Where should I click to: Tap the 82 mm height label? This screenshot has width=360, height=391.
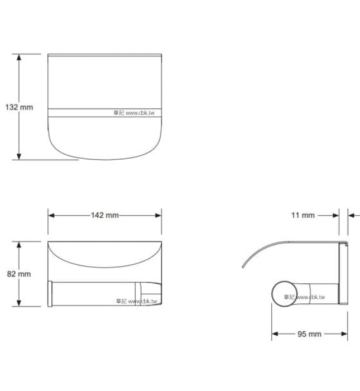[x=18, y=274]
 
